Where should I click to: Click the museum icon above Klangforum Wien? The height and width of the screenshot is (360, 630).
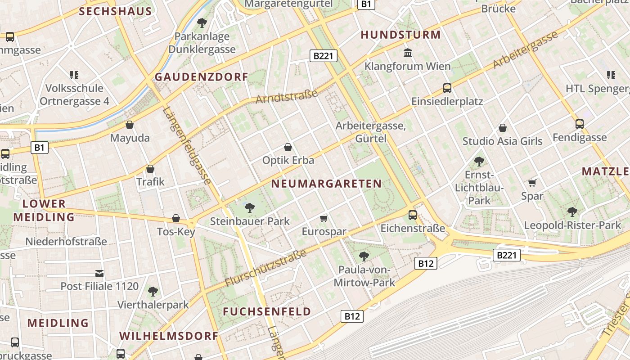point(408,53)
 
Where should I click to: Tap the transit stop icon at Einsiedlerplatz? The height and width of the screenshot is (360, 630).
point(447,88)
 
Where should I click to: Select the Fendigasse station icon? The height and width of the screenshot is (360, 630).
point(579,124)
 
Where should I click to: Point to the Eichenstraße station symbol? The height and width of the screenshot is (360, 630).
point(413,215)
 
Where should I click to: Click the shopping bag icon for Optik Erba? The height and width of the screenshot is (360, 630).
point(288,147)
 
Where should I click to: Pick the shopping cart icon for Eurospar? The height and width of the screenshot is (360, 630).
point(324,219)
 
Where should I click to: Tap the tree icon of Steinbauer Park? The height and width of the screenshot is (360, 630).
point(249,207)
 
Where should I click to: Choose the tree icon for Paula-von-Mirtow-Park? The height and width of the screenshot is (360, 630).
point(364,256)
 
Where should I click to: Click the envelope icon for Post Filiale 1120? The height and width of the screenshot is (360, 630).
point(99,273)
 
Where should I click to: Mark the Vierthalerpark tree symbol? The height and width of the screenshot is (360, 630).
point(153,291)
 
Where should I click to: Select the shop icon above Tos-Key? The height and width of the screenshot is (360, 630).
point(176,218)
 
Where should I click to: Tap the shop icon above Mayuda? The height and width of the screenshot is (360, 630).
point(130,125)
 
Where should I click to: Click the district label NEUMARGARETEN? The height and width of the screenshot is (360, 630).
point(327,184)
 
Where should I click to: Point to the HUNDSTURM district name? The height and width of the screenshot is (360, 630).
point(400,35)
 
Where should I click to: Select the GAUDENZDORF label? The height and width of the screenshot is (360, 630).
point(202,77)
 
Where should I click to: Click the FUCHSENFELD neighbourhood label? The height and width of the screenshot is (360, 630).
point(267,311)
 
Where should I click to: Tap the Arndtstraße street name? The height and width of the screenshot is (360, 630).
point(287,96)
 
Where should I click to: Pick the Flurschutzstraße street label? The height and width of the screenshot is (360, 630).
point(265,268)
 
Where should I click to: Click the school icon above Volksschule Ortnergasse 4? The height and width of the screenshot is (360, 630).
point(74,75)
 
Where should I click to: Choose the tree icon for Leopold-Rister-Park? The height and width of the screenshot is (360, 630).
point(572,211)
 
